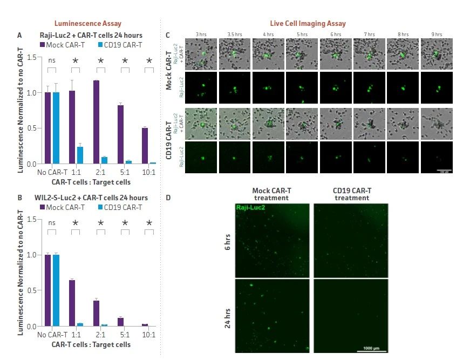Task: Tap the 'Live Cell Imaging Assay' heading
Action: point(308,24)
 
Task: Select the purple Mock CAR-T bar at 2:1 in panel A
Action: point(96,122)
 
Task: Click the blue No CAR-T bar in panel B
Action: point(56,290)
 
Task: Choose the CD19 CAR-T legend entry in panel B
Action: point(120,207)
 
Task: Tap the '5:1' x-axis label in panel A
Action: point(124,173)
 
